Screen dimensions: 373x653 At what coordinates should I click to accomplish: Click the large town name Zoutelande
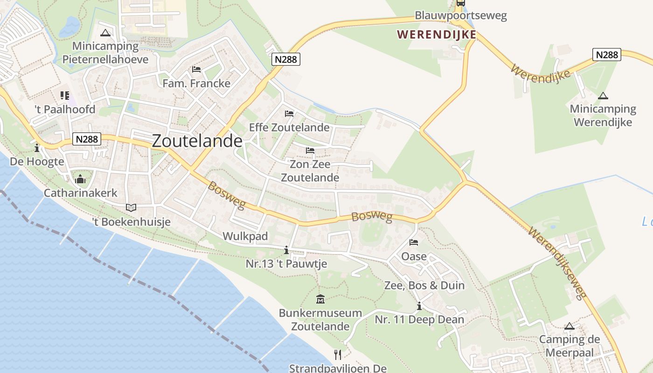point(197,141)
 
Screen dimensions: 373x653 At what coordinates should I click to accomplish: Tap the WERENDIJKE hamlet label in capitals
point(437,35)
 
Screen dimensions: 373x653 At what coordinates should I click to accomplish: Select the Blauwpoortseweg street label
point(460,16)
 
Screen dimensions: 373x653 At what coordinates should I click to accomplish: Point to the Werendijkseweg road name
point(557,263)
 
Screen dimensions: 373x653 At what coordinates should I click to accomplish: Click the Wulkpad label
point(245,236)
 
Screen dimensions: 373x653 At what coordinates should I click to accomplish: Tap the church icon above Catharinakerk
point(80,179)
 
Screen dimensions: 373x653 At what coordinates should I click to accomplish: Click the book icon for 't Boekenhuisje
point(132,208)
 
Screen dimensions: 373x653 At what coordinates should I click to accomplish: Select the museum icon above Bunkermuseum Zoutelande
point(320,299)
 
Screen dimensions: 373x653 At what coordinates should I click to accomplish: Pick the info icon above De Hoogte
point(37,148)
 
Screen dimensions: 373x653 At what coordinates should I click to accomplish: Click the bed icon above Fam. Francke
point(196,69)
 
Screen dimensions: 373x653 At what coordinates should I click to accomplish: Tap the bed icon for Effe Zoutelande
point(289,113)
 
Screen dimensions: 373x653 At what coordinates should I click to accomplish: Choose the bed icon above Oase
point(414,242)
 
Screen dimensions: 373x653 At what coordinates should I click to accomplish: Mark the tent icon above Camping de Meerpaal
point(569,326)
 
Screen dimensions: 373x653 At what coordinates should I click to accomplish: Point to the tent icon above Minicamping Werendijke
point(603,96)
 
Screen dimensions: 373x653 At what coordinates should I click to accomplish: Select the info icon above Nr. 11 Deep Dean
point(419,306)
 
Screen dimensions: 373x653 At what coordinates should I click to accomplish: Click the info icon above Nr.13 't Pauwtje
point(286,250)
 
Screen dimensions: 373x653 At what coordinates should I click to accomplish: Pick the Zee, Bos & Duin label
point(424,285)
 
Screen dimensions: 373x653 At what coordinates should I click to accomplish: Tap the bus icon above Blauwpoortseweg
point(460,3)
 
